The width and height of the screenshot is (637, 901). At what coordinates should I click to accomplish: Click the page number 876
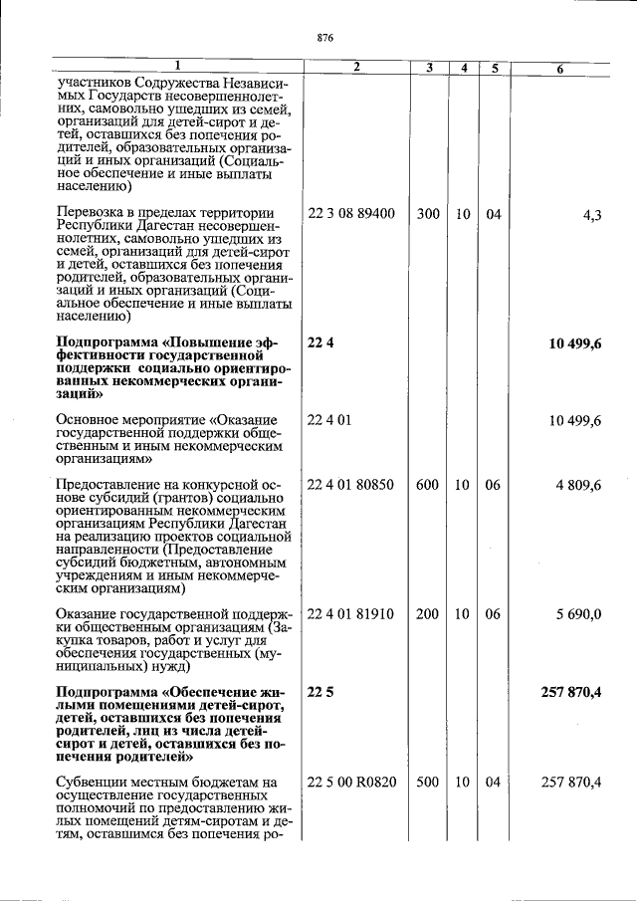pyautogui.click(x=324, y=38)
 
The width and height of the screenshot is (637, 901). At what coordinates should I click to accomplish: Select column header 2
pyautogui.click(x=355, y=67)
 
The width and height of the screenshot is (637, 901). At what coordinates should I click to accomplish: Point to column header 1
pyautogui.click(x=175, y=66)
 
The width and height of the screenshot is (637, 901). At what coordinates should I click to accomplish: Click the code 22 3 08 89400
pyautogui.click(x=351, y=213)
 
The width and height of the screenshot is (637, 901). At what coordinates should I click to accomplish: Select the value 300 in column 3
pyautogui.click(x=428, y=213)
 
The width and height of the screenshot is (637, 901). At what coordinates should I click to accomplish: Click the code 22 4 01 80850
pyautogui.click(x=351, y=485)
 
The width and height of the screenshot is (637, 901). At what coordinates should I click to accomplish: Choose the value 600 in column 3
pyautogui.click(x=428, y=485)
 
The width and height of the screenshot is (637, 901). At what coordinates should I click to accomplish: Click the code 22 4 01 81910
pyautogui.click(x=351, y=614)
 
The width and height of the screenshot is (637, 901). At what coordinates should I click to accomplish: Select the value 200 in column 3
pyautogui.click(x=428, y=614)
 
